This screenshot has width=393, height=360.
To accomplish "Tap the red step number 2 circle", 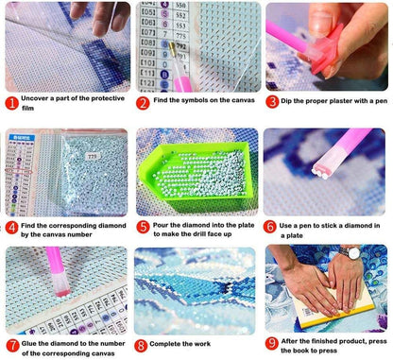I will coord(143,102).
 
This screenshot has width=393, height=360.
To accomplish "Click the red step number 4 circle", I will coord(11,227).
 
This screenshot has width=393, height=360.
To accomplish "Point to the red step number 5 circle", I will coord(143,227).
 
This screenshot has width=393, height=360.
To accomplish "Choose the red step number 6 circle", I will coord(272,227).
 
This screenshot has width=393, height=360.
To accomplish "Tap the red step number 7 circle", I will coord(11,346).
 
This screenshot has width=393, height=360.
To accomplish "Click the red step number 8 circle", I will coord(143,346).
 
